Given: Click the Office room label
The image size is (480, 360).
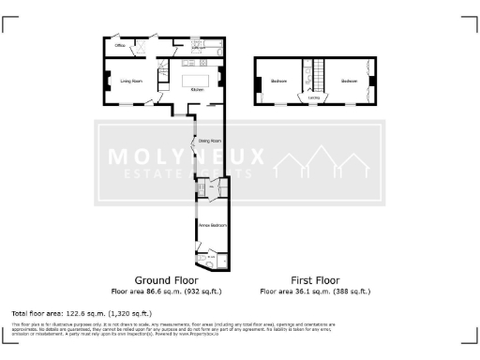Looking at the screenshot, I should pyautogui.click(x=120, y=45).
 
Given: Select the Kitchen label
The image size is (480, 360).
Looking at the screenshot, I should pyautogui.click(x=196, y=89).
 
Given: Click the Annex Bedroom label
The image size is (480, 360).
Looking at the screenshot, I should pyautogui.click(x=211, y=225).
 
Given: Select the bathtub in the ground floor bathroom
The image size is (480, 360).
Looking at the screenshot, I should pyautogui.click(x=211, y=44).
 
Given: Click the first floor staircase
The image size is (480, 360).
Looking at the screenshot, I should pyautogui.click(x=317, y=73).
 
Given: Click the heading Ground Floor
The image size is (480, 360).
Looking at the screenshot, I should pyautogui.click(x=165, y=280).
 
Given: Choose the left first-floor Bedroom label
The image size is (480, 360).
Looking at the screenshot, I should pyautogui.click(x=279, y=82).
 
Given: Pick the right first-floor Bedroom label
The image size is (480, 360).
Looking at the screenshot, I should pyautogui.click(x=349, y=82).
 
